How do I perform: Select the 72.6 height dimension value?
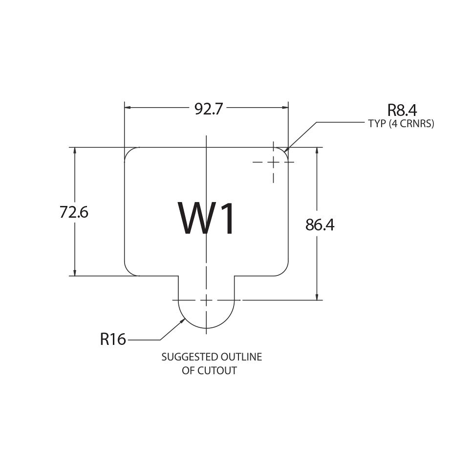[x=74, y=212]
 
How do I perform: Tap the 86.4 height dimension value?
[x=320, y=225]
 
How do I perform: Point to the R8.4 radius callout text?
[x=402, y=110]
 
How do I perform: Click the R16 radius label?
[x=113, y=339]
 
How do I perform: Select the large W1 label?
[x=206, y=218]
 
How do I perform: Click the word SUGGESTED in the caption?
[x=190, y=357]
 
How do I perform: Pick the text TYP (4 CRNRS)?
[x=401, y=124]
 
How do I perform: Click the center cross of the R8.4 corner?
[x=273, y=162]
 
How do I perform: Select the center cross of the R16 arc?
[x=206, y=300]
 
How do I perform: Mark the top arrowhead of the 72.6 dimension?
[x=75, y=151]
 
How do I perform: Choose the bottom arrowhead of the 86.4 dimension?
[x=317, y=297]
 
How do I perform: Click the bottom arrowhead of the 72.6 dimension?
[x=75, y=272]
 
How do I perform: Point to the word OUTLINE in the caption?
[x=241, y=357]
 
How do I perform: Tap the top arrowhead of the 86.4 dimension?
[x=317, y=151]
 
